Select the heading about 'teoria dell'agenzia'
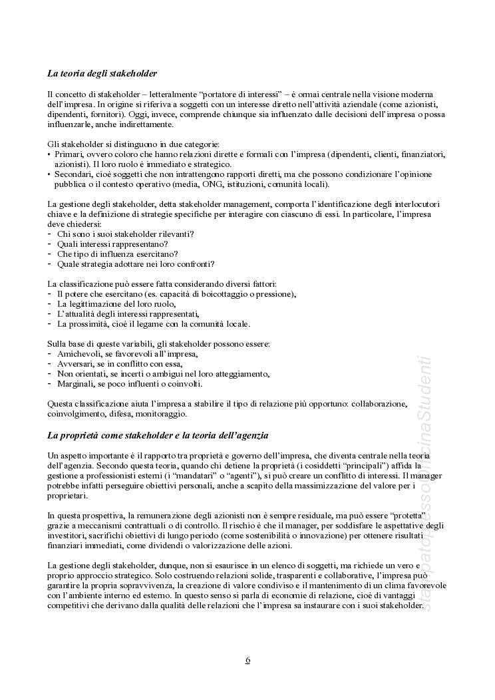tap(158, 436)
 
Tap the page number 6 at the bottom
tap(247, 660)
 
